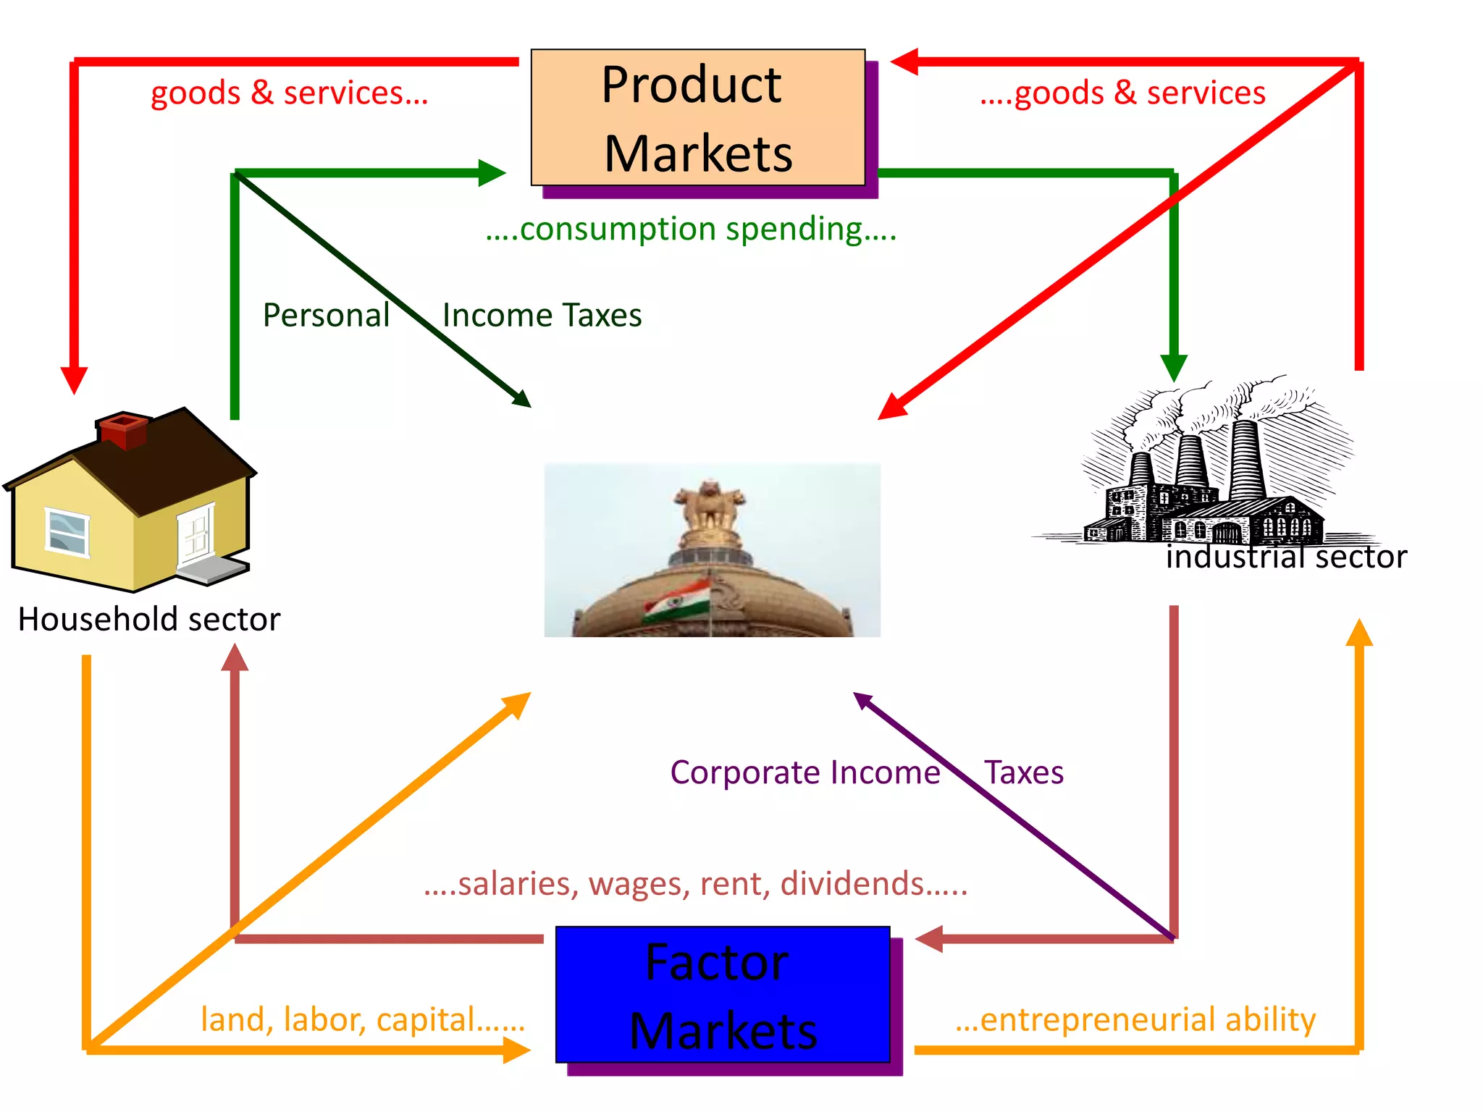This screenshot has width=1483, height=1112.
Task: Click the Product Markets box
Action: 697,117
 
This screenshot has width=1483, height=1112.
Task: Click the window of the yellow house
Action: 67,532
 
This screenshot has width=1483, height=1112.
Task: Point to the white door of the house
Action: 196,534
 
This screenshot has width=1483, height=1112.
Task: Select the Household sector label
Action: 149,620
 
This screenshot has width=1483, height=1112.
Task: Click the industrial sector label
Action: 1286,557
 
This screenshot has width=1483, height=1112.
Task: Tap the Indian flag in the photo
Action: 676,601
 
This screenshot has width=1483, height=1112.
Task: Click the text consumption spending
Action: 691,229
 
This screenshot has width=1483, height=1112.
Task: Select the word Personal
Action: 326,316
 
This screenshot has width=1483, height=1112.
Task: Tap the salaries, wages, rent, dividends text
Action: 695,884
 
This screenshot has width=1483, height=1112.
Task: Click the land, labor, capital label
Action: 362,1019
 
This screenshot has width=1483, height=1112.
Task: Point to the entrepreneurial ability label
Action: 1135,1019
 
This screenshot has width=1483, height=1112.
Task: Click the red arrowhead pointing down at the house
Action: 74,379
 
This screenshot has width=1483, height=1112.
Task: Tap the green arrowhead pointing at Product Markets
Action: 492,173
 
